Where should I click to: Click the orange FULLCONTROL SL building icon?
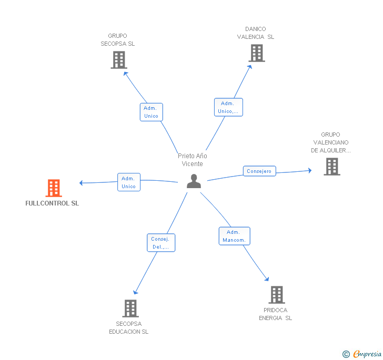point(54,188)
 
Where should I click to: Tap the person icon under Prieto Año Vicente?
point(194,181)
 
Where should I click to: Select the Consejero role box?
point(259,171)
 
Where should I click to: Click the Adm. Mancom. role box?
point(235,236)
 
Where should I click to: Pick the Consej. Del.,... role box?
point(161,243)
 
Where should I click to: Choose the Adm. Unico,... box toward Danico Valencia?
point(228,107)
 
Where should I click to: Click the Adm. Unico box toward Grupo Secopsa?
point(152,112)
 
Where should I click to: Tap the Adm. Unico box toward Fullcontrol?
point(129,182)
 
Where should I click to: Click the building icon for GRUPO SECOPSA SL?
point(119,60)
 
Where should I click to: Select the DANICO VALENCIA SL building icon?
point(257,53)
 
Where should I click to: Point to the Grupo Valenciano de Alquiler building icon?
point(332,167)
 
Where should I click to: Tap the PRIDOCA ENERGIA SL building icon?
point(277,295)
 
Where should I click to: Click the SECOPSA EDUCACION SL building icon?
point(130,308)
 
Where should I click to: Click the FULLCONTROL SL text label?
point(52,203)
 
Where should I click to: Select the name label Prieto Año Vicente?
point(193,160)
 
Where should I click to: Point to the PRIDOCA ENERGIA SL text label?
point(276,314)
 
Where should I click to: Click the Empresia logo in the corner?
point(362,354)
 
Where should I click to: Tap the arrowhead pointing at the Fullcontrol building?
point(81,183)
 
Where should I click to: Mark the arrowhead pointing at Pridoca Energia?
point(267,279)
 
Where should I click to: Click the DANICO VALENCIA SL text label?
point(256,33)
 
